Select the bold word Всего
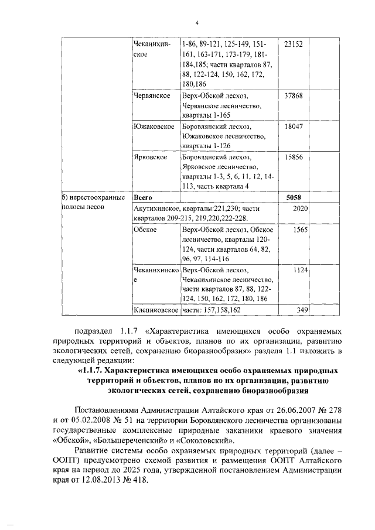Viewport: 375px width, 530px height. (x=144, y=198)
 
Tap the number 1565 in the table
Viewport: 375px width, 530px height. (x=300, y=230)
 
